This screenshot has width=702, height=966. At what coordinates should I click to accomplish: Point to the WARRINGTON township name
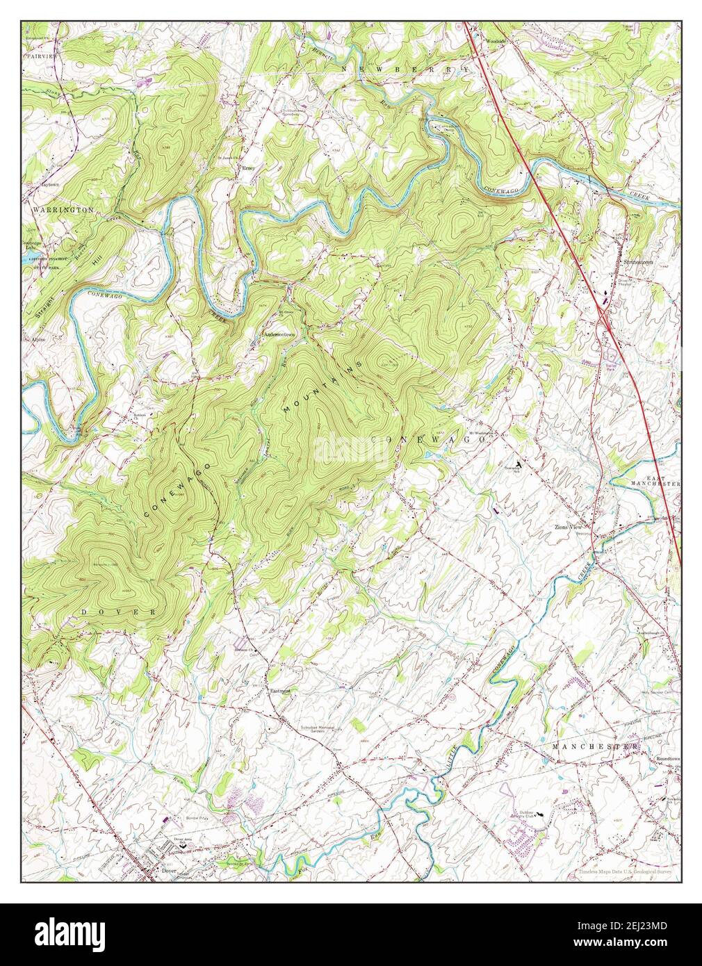[63, 208]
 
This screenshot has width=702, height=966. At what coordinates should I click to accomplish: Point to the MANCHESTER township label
[595, 746]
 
